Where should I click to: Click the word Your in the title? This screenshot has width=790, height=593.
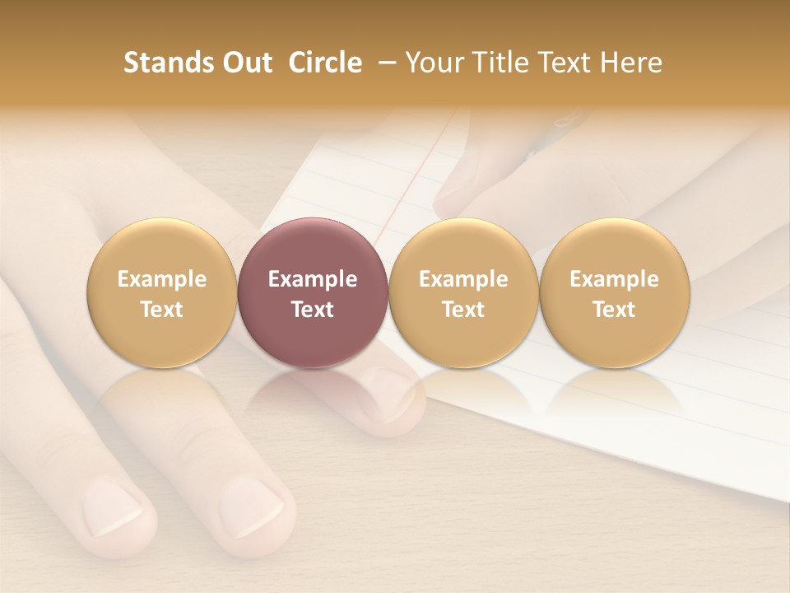[433, 63]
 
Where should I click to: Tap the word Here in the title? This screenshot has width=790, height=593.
[633, 63]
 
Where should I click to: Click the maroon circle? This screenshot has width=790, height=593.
[312, 292]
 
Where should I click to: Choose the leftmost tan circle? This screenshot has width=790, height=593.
[161, 292]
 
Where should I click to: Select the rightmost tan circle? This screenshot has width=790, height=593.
[614, 292]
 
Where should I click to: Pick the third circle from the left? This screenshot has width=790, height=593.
[463, 292]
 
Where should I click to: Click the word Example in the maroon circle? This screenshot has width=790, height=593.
[313, 279]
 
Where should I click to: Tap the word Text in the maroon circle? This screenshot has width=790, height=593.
[313, 310]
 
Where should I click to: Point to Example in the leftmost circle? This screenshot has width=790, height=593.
[162, 279]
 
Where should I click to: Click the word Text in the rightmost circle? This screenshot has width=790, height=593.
[614, 310]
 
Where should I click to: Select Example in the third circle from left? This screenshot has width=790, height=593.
[463, 279]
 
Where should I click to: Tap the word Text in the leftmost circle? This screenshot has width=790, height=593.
[162, 310]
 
